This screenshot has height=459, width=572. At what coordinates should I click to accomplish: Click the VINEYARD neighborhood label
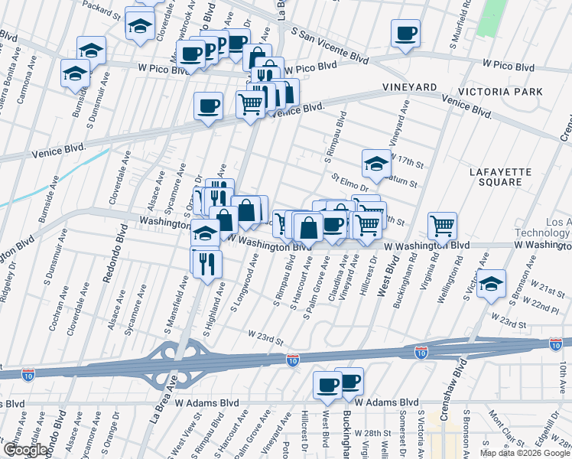tap(416, 88)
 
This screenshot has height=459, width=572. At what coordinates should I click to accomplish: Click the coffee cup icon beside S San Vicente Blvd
tap(405, 34)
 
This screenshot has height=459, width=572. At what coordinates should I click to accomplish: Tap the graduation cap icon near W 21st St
tap(491, 282)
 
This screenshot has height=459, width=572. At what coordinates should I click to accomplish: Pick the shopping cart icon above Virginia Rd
tap(442, 225)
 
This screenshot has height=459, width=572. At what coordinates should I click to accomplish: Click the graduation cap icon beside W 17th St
tap(376, 163)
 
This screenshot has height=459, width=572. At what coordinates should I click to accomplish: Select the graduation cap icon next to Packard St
tap(139, 25)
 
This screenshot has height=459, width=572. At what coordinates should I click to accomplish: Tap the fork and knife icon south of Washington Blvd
tap(206, 262)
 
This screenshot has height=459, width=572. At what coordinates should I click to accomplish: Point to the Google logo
tap(24, 450)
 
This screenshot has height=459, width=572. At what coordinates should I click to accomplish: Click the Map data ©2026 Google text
tap(524, 453)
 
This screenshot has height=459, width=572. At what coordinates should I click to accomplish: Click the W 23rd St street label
tap(265, 334)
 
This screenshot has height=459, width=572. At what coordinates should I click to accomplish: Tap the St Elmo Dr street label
tap(350, 182)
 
